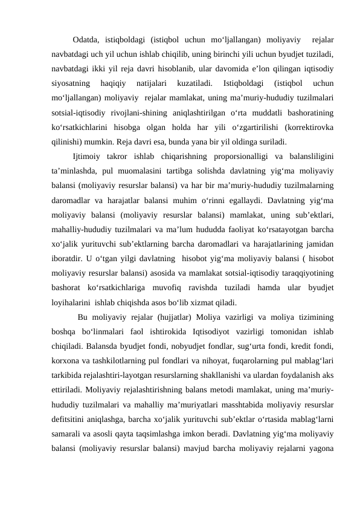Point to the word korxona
pyautogui.click(x=66, y=357)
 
